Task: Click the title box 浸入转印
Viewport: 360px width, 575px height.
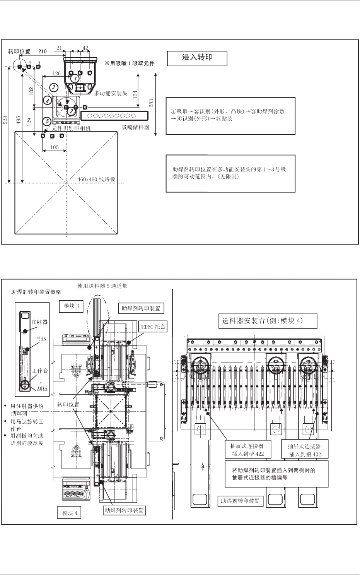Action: coord(197,58)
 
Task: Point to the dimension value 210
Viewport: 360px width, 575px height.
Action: coord(43,51)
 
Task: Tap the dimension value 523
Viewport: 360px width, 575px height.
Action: coord(5,121)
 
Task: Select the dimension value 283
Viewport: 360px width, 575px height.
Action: coord(152,103)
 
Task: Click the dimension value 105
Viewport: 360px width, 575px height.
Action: coord(55,147)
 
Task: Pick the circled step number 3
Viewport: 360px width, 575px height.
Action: coord(54,87)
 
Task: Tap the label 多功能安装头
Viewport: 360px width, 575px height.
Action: coord(111,93)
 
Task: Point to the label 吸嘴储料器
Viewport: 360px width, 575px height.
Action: coord(135,127)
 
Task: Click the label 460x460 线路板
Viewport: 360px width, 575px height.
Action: coord(96,180)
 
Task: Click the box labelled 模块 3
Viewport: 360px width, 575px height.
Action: coord(72,306)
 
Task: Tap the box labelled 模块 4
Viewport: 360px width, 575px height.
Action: coord(70,513)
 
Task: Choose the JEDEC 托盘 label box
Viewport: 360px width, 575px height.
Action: coord(152,327)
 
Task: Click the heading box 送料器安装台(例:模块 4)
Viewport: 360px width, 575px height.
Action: coord(268,321)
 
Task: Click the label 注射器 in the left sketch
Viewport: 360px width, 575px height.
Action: coord(39,322)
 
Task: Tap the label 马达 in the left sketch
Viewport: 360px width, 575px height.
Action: coord(41,339)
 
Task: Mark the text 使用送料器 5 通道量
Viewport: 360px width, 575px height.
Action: coord(102,286)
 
